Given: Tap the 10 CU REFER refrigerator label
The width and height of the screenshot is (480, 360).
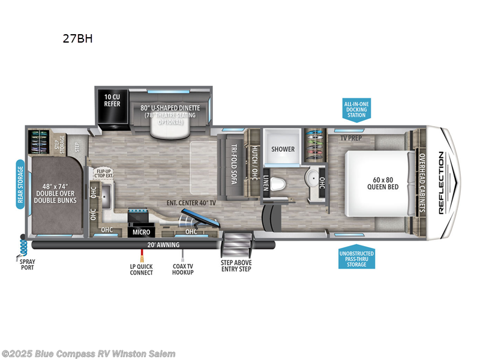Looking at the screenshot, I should tap(112, 100).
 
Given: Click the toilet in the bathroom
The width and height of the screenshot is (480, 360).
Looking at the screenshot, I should tap(277, 183).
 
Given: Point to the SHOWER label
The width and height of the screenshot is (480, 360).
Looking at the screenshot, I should tap(282, 149).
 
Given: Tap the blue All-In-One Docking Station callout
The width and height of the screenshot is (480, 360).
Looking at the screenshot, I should tap(356, 110).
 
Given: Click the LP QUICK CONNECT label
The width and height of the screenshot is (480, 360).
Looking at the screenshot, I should tap(142, 269).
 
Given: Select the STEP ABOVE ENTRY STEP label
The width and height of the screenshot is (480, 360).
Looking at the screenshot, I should tap(235, 265).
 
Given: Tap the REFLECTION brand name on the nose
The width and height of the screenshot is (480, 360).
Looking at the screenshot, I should tap(441, 182).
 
